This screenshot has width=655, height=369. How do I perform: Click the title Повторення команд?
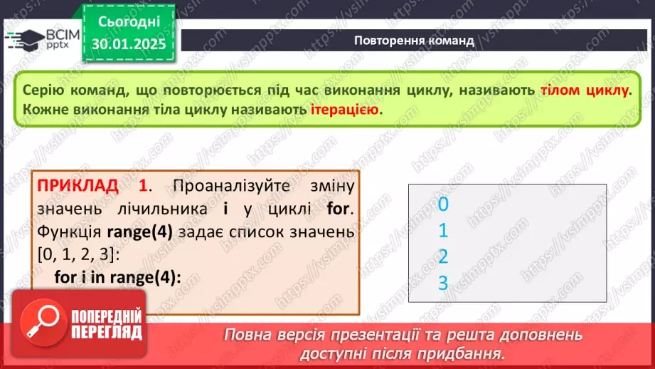[414, 41]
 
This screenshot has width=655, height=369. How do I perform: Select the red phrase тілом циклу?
[585, 91]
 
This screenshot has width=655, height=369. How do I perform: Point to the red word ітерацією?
[346, 110]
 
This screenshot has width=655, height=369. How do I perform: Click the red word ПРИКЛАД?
[78, 187]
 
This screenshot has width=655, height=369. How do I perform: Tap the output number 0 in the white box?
[443, 205]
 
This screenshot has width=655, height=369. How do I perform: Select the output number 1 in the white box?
[443, 231]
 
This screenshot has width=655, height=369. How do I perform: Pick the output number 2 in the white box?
[443, 256]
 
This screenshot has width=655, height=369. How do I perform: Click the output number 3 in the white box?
[443, 282]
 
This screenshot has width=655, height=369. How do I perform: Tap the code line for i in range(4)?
[118, 276]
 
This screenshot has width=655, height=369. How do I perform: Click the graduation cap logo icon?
[21, 39]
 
